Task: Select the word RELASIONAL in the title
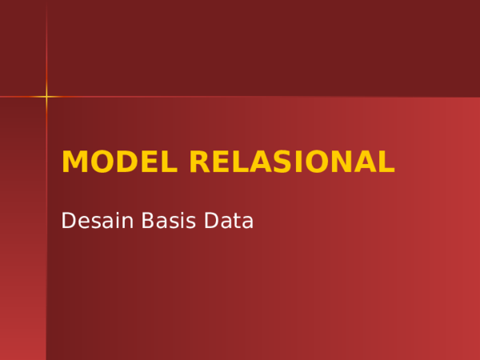tap(292, 162)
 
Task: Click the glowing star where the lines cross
tap(46, 97)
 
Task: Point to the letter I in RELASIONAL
tap(294, 162)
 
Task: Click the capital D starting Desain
tap(69, 221)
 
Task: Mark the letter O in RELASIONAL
tap(314, 162)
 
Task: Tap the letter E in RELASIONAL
tap(221, 162)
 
